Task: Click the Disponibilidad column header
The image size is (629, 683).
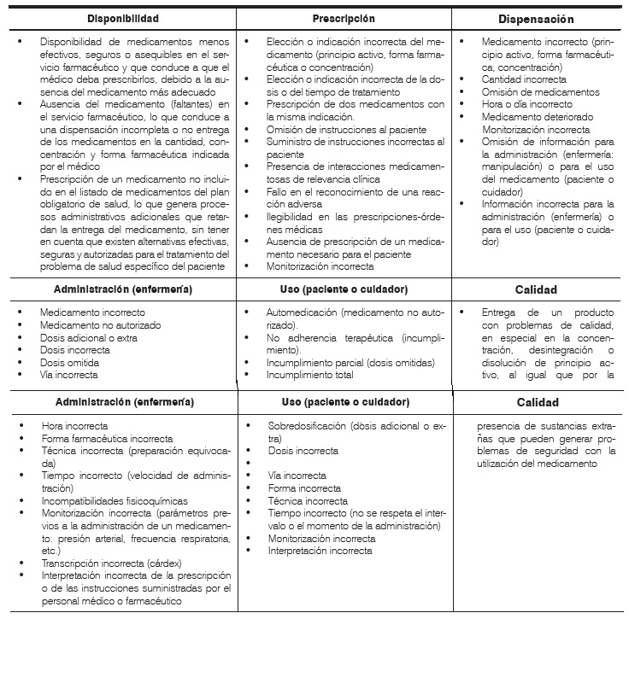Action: click(123, 18)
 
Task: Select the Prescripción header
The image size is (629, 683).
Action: click(344, 18)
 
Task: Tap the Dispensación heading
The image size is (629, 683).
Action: click(536, 19)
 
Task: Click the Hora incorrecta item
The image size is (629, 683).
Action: click(75, 425)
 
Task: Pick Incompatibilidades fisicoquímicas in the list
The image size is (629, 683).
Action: click(114, 501)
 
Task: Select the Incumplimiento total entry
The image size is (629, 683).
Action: click(310, 375)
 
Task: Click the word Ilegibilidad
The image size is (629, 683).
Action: click(291, 217)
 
